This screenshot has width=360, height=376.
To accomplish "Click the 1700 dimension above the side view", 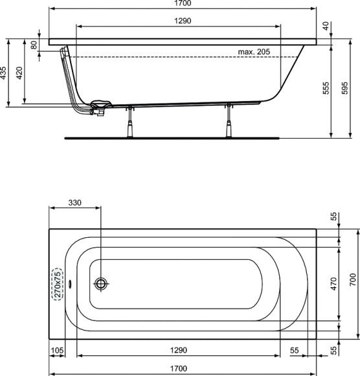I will click(183, 4).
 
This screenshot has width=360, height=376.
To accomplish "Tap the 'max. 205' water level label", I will click(253, 52).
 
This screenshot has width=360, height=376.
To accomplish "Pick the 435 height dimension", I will click(5, 72).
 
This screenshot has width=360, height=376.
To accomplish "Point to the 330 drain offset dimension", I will click(75, 203).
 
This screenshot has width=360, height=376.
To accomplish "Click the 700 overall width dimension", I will click(352, 279).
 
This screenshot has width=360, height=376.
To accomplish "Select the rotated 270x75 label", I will click(58, 283).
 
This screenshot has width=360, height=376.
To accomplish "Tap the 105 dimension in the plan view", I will click(58, 350).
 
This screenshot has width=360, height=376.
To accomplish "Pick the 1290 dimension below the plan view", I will click(179, 350).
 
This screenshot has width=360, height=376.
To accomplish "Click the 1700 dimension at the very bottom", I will click(182, 370).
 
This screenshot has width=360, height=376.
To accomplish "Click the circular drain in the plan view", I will click(101, 283).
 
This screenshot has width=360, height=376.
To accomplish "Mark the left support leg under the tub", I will click(131, 121).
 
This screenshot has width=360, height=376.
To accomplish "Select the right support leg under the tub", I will click(229, 121).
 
